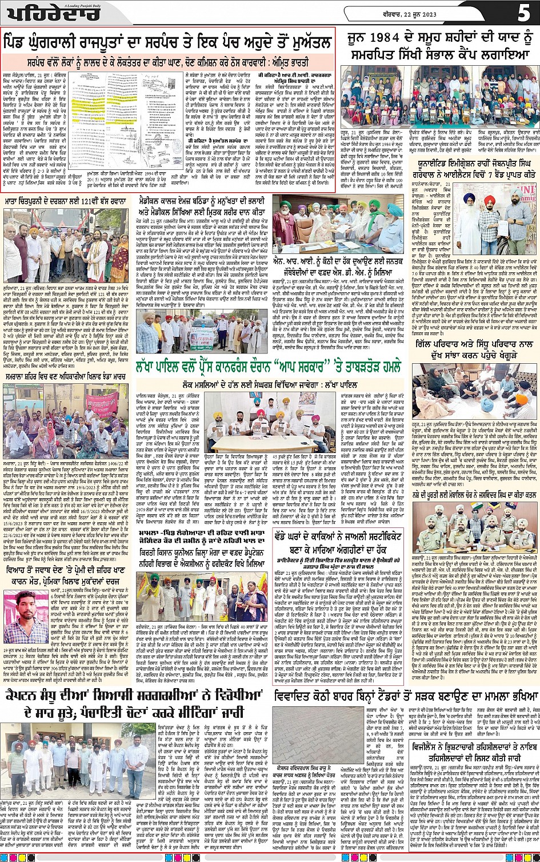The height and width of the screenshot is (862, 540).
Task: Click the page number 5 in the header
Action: (524, 12)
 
